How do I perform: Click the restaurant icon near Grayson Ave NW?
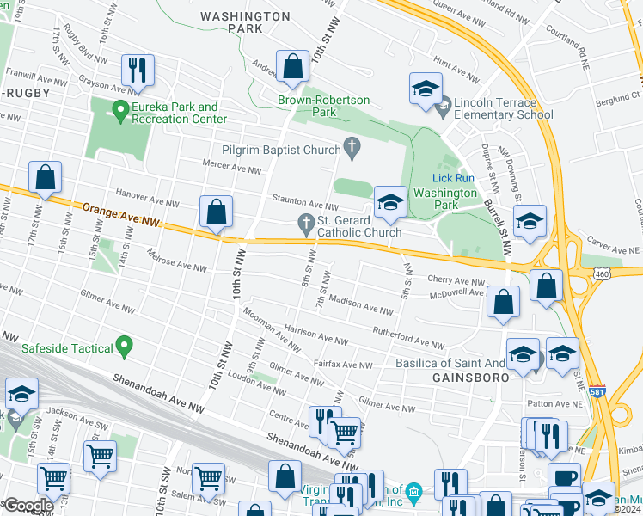138,69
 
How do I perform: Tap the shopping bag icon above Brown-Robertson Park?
292,67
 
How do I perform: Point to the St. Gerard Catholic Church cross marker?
306,224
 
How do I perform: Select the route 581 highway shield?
596,390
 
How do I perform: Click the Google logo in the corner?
28,506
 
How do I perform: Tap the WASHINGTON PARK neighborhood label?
245,22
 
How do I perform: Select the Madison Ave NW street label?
363,306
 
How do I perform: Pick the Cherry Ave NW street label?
456,281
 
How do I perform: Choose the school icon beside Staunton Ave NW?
389,203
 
